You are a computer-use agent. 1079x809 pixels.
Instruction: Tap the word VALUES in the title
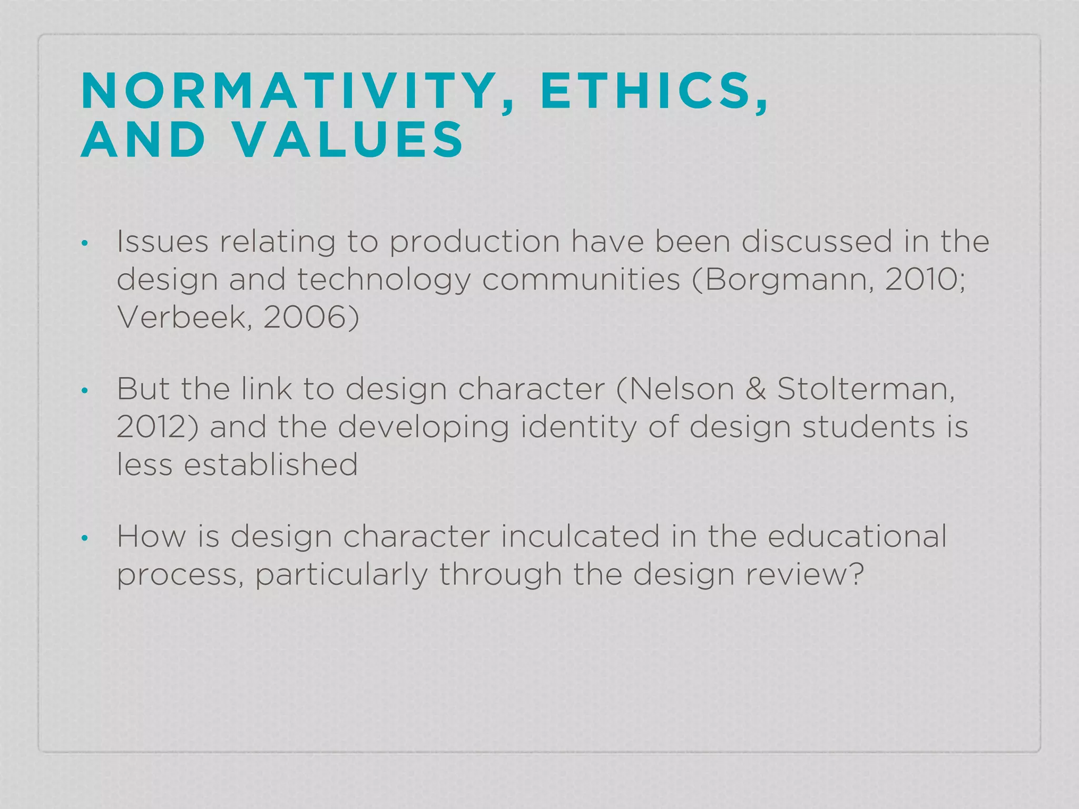click(349, 140)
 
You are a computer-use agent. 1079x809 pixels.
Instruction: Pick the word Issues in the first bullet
click(162, 242)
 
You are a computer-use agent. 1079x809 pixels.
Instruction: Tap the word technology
click(384, 280)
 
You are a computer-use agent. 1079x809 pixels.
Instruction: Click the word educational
click(857, 537)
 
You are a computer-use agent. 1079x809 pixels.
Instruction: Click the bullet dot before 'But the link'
click(84, 391)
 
